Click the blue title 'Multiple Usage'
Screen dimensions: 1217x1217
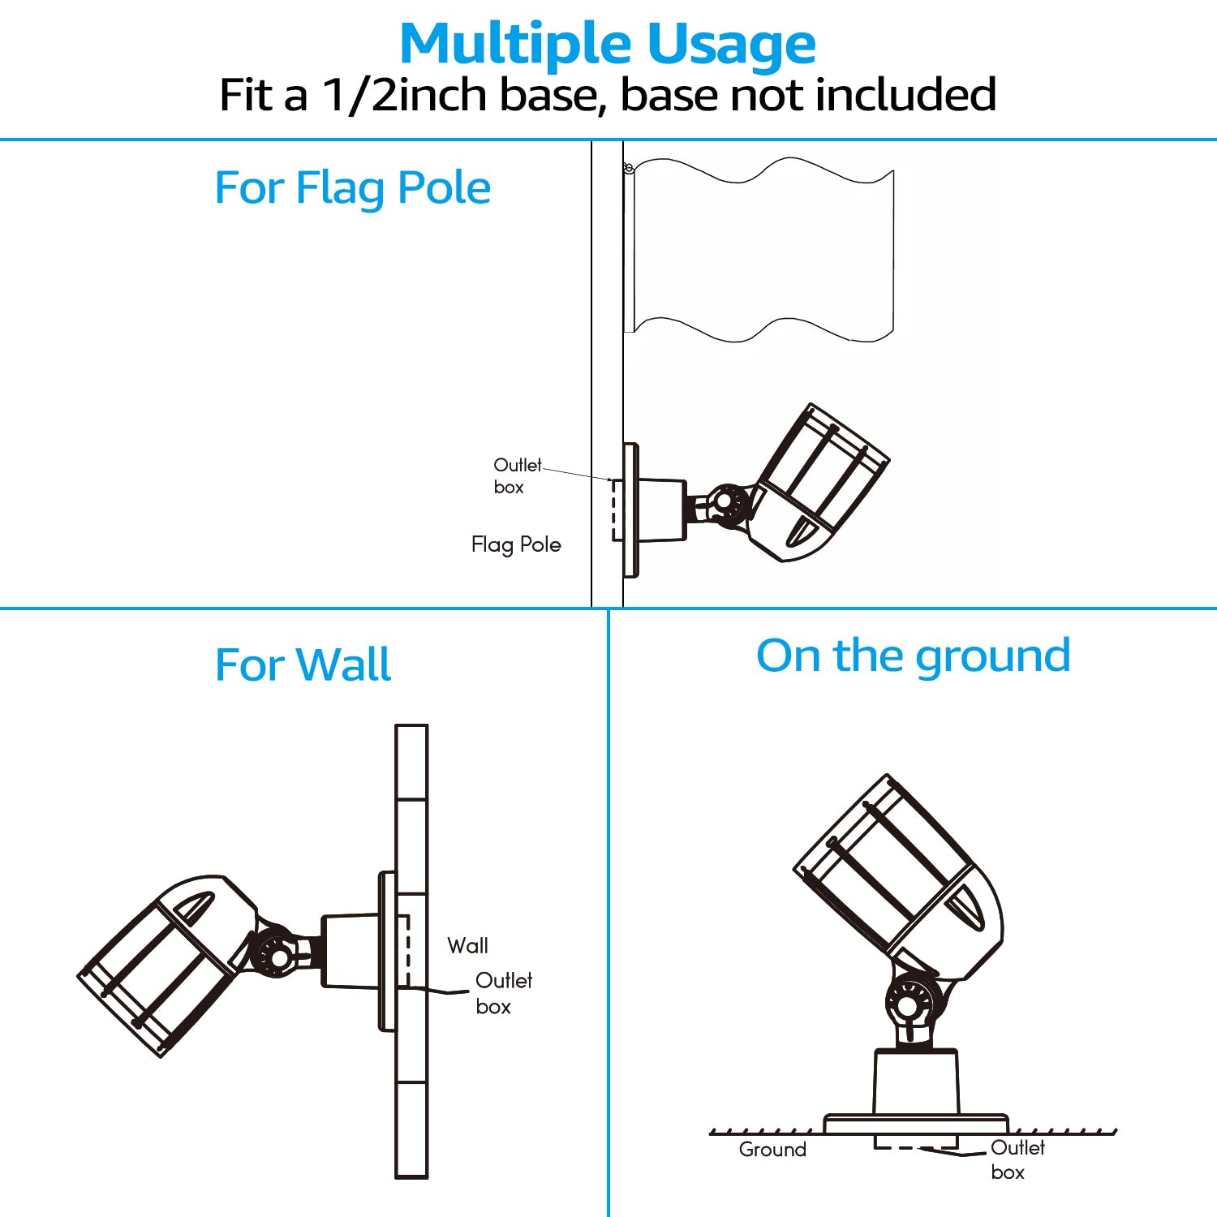point(608,44)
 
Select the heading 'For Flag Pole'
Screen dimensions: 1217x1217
point(352,187)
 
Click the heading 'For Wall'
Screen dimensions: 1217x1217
point(303,664)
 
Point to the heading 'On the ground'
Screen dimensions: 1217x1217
point(913,655)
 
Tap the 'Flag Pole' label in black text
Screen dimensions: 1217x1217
point(516,544)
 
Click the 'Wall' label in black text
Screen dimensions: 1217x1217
point(467,945)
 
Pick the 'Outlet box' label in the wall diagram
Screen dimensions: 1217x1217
point(503,993)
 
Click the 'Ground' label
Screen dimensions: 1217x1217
point(772,1150)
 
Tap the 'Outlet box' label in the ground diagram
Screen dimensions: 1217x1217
point(1017,1159)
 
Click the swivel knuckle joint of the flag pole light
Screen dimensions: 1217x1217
point(728,505)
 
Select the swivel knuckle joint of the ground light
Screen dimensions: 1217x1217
point(910,1004)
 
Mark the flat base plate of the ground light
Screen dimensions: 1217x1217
point(916,1124)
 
